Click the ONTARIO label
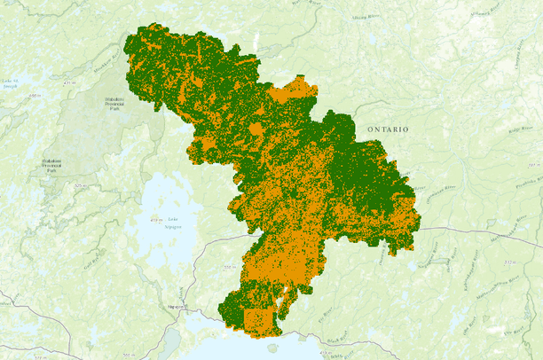[x=389, y=129]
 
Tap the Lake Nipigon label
[x=171, y=223]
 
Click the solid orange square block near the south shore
[x=258, y=319]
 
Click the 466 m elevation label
[x=35, y=95]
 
